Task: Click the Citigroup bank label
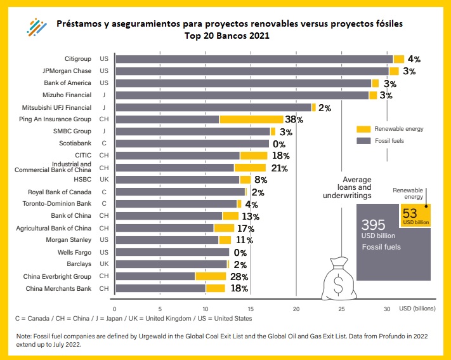[77, 59]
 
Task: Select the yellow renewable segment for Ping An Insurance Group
[251, 119]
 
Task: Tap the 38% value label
[294, 119]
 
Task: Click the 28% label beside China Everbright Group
[239, 277]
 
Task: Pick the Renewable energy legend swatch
[363, 129]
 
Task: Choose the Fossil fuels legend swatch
[363, 141]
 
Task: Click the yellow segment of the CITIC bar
[253, 156]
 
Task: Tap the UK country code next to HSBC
[104, 180]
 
